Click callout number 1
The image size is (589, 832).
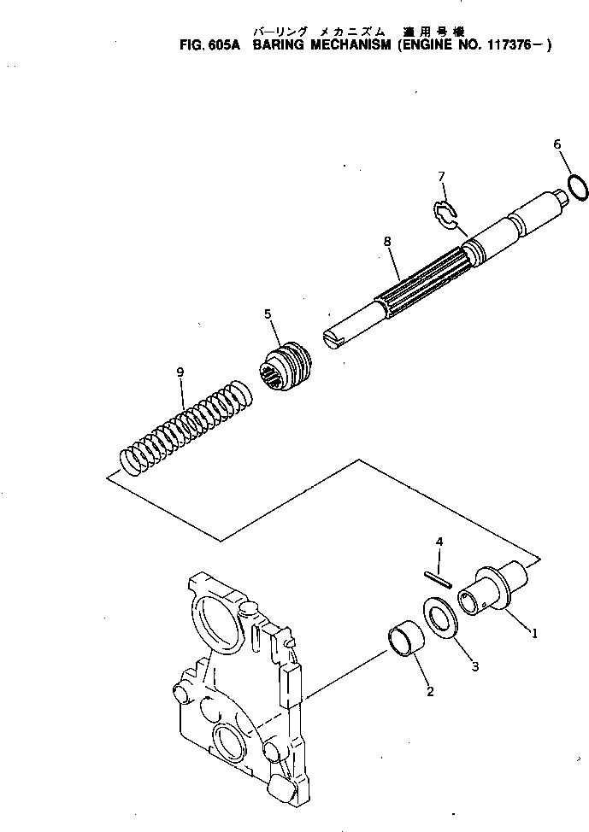[x=534, y=634]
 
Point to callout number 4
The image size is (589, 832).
[x=439, y=542]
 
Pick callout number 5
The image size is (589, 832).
[x=268, y=314]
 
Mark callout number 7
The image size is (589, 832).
[x=442, y=177]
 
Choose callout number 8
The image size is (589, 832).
[x=387, y=243]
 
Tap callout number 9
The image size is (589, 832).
[x=180, y=372]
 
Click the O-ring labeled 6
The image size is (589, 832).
[x=577, y=187]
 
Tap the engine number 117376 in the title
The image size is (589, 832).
[x=503, y=47]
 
